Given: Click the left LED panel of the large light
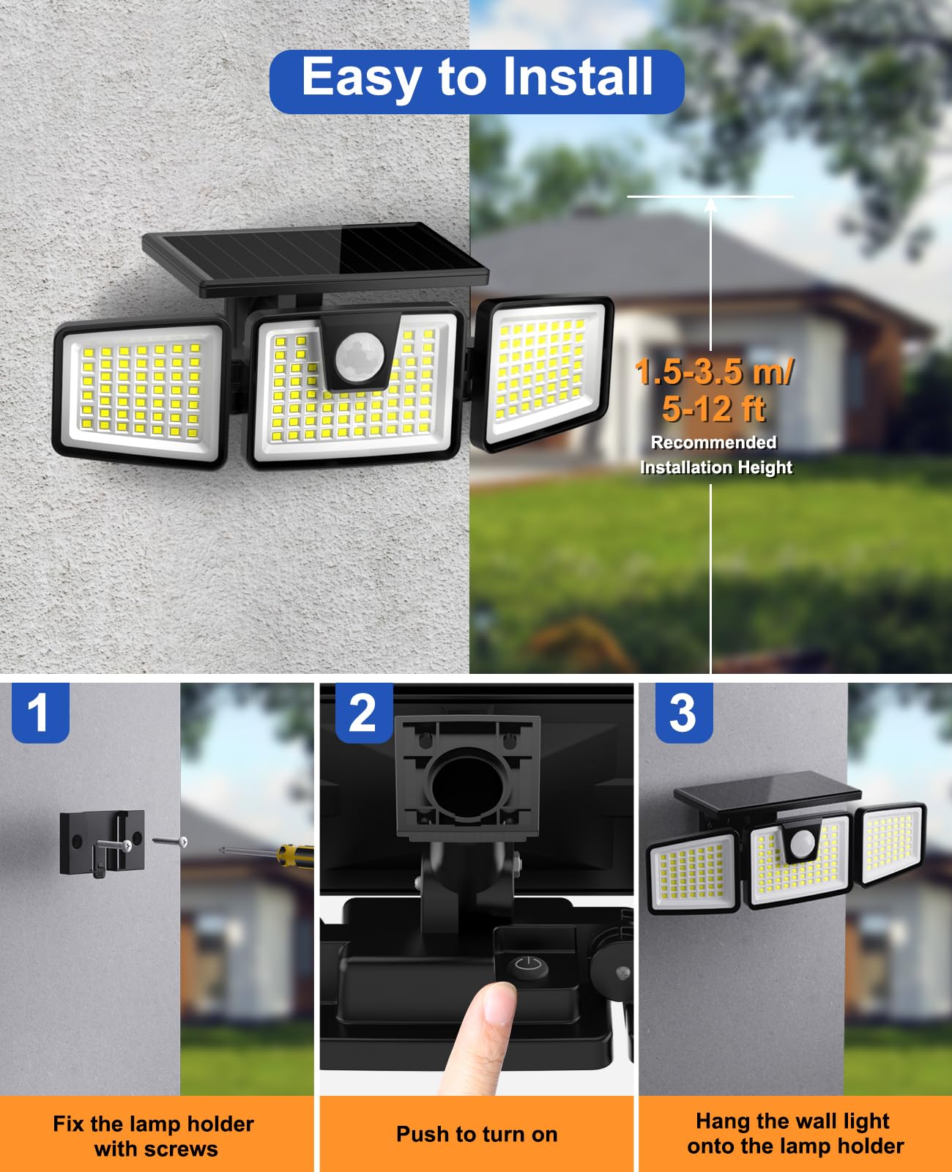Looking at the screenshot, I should [x=139, y=392].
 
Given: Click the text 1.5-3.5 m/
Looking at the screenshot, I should [x=713, y=372].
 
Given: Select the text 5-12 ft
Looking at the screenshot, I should [x=713, y=409].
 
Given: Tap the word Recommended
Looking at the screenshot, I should [x=713, y=442].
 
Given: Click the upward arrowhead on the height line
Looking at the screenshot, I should [x=710, y=204].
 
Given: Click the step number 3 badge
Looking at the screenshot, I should [x=683, y=713].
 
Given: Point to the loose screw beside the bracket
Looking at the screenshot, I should [x=171, y=842].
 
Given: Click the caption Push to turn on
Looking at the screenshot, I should [x=477, y=1135].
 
